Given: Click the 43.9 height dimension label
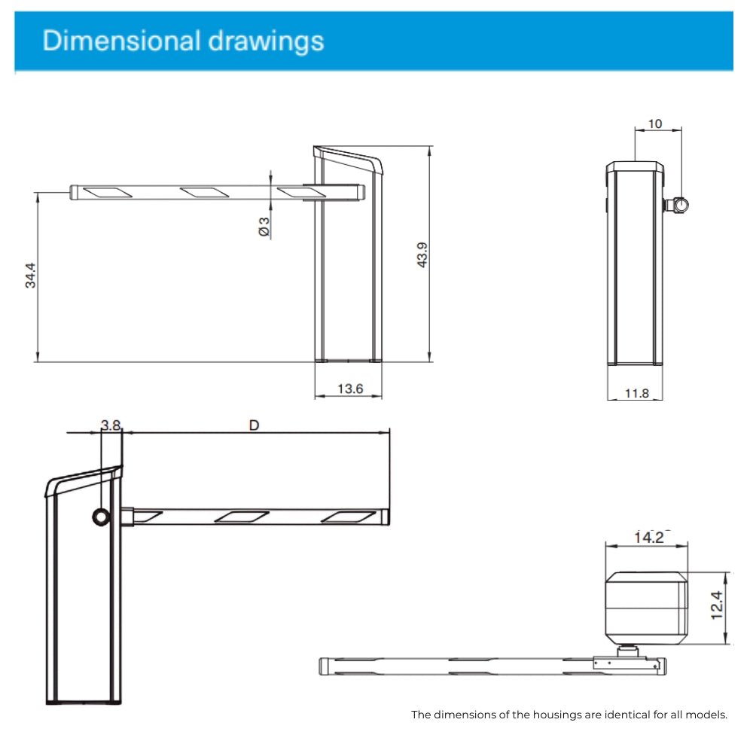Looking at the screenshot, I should click(x=423, y=255).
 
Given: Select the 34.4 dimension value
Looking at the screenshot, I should click(x=29, y=276).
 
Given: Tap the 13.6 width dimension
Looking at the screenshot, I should click(x=349, y=389).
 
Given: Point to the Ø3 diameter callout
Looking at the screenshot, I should click(x=264, y=227).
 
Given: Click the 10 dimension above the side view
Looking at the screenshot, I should click(x=655, y=123).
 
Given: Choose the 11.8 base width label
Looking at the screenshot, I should click(x=636, y=392).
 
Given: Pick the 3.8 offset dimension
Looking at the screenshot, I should click(x=111, y=425).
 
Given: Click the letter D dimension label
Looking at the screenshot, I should click(x=255, y=425).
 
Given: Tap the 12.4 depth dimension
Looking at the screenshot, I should click(x=716, y=605).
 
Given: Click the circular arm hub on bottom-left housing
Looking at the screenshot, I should click(x=101, y=516).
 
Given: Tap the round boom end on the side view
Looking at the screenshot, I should click(x=681, y=204).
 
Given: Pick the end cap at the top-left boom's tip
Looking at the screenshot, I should click(x=74, y=193).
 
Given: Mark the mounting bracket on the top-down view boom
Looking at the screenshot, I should click(x=625, y=663).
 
